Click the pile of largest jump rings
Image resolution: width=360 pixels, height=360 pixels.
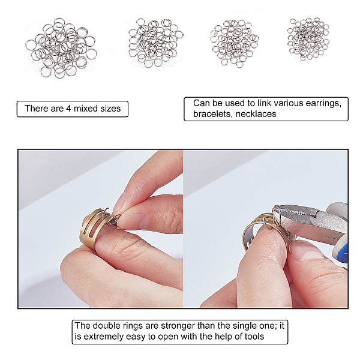(61, 47)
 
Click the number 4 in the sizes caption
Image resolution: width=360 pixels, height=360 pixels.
(68, 109)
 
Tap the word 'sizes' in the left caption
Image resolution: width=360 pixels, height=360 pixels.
(110, 109)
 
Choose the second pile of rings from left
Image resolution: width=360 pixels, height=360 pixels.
(155, 43)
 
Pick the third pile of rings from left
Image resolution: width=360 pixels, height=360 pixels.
(235, 43)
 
